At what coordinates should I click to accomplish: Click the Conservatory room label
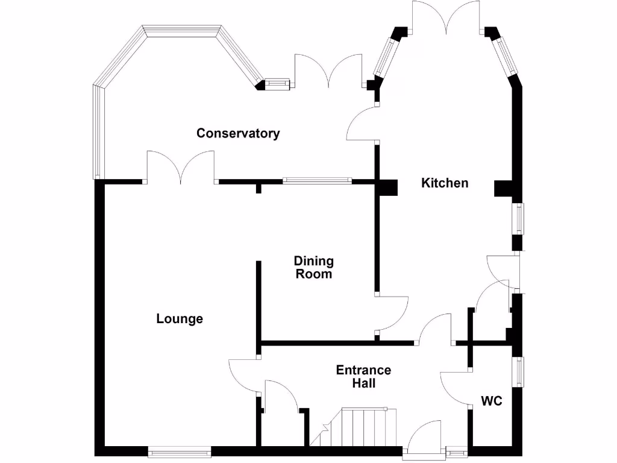[x=238, y=133]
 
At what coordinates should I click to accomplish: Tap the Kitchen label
[x=444, y=183]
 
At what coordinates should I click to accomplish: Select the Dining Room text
[x=313, y=267]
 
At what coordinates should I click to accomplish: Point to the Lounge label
[x=180, y=319]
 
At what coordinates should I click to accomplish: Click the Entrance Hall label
[x=363, y=376]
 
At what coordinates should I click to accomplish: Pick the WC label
[x=492, y=401]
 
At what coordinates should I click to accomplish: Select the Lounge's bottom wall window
[x=180, y=450]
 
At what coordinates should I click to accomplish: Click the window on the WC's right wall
[x=518, y=371]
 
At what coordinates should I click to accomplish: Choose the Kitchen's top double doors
[x=446, y=18]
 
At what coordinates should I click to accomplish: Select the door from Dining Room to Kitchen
[x=393, y=313]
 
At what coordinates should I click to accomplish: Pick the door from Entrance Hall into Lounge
[x=244, y=374]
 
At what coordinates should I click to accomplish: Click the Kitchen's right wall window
[x=518, y=218]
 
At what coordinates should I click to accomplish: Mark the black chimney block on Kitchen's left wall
[x=388, y=188]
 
